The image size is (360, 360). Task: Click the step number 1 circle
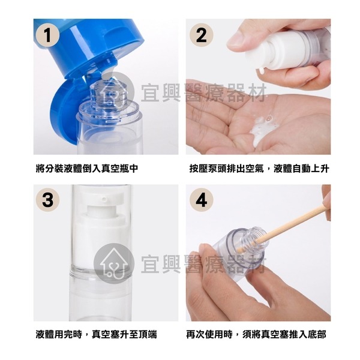click(x=47, y=35)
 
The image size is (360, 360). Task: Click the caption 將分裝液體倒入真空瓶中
click(x=87, y=169)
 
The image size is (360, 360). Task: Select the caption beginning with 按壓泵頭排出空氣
click(x=259, y=169)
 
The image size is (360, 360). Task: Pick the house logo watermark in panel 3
click(x=114, y=263)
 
